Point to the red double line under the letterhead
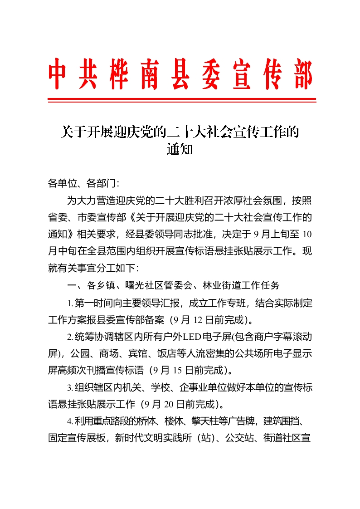pos(182,99)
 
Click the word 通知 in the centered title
pos(180,149)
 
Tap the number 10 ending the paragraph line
pos(306,235)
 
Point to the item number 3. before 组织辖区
pos(70,388)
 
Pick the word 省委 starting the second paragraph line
pos(58,217)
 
